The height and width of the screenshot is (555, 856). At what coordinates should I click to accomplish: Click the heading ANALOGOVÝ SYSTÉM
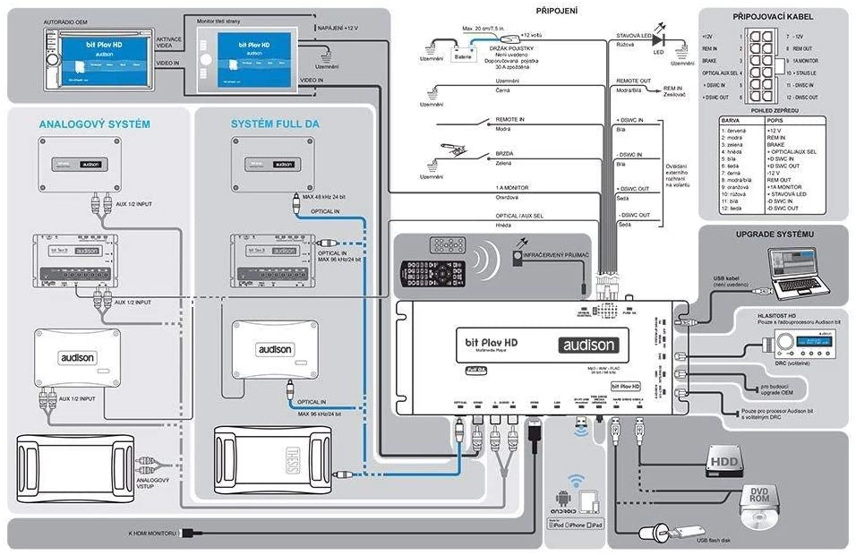pyautogui.click(x=94, y=124)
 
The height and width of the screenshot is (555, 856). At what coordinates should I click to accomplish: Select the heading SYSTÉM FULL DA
pyautogui.click(x=276, y=124)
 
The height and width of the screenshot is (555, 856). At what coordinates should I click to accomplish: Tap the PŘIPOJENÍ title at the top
pyautogui.click(x=556, y=12)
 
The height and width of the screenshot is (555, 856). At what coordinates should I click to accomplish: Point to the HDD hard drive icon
pyautogui.click(x=724, y=458)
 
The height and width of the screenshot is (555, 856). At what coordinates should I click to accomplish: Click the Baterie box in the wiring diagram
pyautogui.click(x=463, y=55)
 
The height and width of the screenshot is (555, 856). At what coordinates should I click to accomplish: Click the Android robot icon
pyautogui.click(x=563, y=501)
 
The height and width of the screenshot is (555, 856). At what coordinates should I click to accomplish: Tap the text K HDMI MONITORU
pyautogui.click(x=153, y=534)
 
